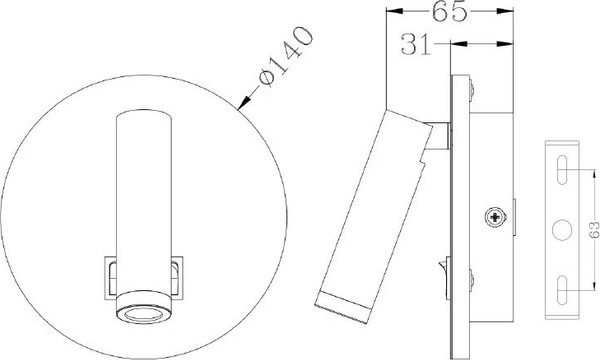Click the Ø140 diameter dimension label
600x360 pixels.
point(286,56)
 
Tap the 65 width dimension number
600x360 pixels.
point(450,11)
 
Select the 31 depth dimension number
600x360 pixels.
point(416,44)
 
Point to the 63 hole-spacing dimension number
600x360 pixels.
point(594,230)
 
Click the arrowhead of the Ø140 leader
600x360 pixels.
point(243,103)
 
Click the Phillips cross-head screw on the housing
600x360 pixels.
point(496,218)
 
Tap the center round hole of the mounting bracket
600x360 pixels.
point(562,230)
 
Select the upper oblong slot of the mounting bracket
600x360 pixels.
point(562,170)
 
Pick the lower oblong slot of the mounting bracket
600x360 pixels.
point(562,290)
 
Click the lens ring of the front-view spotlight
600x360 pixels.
point(144,314)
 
